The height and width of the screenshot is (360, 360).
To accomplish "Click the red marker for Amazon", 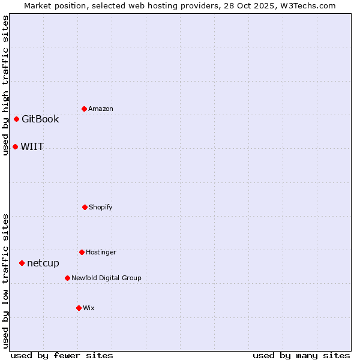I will click(x=84, y=109).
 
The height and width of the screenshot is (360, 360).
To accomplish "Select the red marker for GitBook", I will click(x=16, y=119).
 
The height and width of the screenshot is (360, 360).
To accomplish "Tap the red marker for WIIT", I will click(x=15, y=146).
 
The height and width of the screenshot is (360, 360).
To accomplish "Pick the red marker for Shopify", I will click(x=85, y=207).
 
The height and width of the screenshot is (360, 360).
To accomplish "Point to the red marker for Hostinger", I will click(x=82, y=252).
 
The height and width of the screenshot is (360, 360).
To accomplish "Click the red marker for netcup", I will click(x=22, y=263).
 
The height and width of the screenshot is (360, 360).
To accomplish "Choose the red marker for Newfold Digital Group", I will click(x=67, y=278).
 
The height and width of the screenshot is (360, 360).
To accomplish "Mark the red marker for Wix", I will click(x=79, y=308).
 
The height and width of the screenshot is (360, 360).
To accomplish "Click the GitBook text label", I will click(x=40, y=119).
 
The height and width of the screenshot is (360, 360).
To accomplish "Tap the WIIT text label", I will click(x=32, y=146).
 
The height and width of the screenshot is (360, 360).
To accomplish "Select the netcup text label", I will click(x=43, y=263).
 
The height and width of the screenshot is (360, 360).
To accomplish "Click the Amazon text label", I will click(x=101, y=109).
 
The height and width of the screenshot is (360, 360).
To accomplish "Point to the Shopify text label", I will click(x=101, y=207).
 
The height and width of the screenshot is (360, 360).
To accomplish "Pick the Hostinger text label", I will click(x=101, y=252).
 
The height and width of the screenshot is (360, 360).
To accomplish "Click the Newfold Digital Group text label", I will click(x=107, y=278).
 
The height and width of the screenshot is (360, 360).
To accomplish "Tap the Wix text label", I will click(x=89, y=308).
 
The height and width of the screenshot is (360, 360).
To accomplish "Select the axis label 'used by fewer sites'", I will click(x=62, y=355).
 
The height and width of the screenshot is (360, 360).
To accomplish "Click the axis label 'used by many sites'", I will click(x=301, y=355).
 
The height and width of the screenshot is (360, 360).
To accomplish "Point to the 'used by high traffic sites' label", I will click(x=5, y=85).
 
